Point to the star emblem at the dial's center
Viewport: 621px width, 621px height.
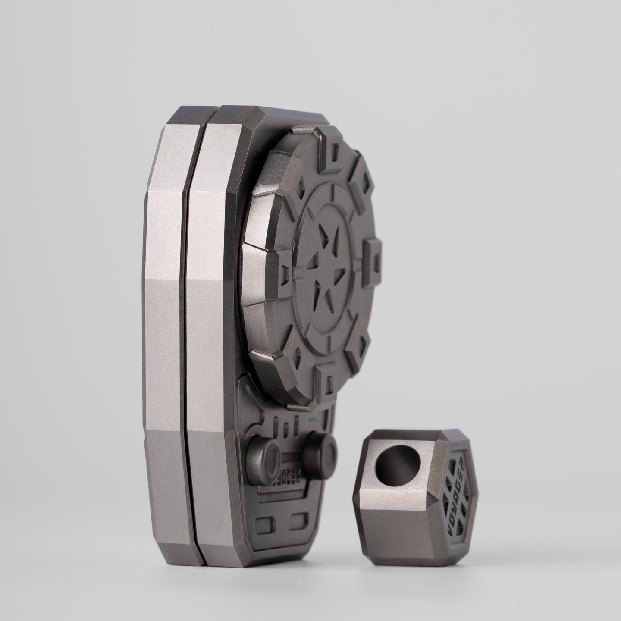point(329,265)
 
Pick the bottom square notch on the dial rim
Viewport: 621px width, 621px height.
point(328,381)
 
